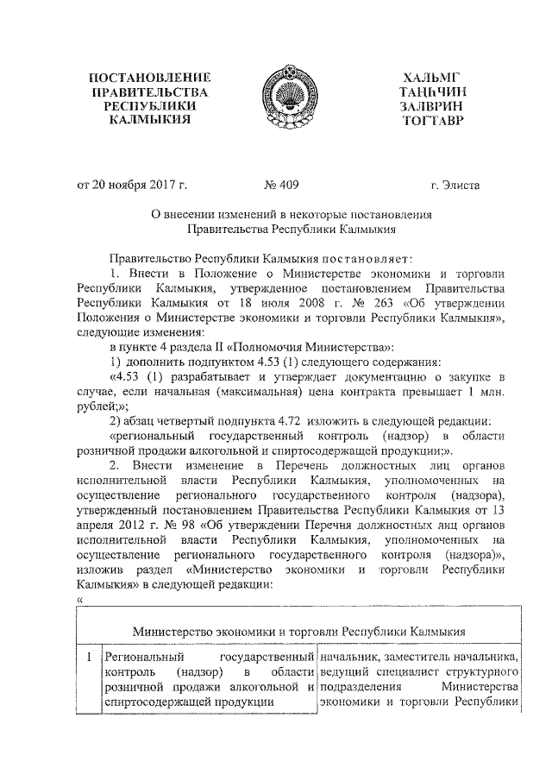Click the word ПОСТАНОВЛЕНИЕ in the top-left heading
[x=154, y=79]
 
